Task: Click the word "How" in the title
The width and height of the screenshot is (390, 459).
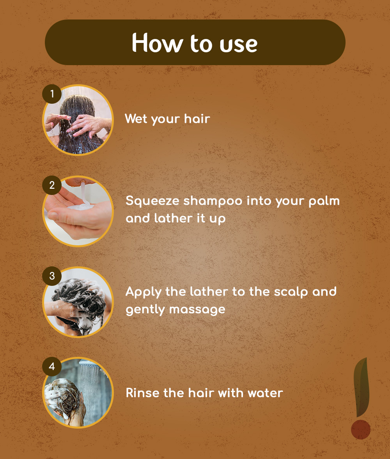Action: (157, 43)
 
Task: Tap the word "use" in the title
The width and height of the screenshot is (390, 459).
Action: (239, 45)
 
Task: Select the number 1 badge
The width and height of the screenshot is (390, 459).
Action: (52, 94)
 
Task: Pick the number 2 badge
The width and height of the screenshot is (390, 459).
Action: (52, 185)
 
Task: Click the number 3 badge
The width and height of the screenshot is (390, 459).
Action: (52, 276)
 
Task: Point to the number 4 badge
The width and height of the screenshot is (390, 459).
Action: (52, 367)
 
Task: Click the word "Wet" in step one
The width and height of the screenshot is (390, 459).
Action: (136, 119)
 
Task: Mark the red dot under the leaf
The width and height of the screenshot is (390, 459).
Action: (361, 429)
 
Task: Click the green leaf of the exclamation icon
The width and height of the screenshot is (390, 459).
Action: (361, 387)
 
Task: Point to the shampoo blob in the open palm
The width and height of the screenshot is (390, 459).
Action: (80, 207)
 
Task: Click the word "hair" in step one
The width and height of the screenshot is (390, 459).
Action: (197, 119)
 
